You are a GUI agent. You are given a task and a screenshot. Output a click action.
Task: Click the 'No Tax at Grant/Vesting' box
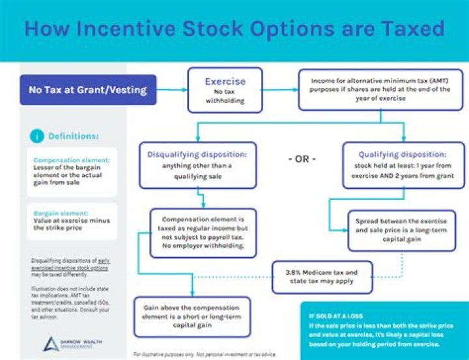pyautogui.click(x=87, y=90)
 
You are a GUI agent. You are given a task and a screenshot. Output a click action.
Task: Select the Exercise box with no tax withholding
pyautogui.click(x=225, y=90)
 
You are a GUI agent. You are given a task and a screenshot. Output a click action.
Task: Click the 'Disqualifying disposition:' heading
pyautogui.click(x=197, y=154)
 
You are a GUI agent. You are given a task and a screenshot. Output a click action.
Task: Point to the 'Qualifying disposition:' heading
pyautogui.click(x=402, y=154)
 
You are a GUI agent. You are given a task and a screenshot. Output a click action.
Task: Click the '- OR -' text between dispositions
pyautogui.click(x=302, y=159)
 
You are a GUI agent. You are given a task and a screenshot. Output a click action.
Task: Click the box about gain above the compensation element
pyautogui.click(x=192, y=316)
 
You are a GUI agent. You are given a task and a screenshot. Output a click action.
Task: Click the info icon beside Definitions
pyautogui.click(x=37, y=136)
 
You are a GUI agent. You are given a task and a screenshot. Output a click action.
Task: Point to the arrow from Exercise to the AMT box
pyautogui.click(x=279, y=90)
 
